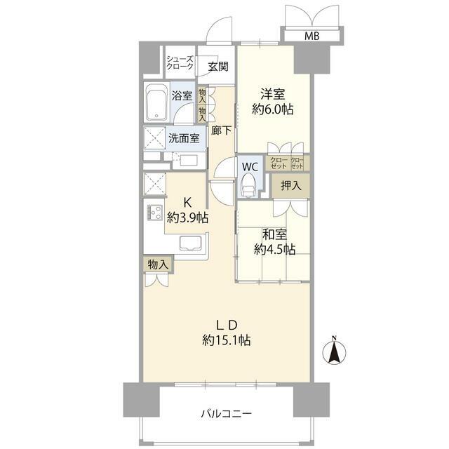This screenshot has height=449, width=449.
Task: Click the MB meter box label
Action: pos(311,36)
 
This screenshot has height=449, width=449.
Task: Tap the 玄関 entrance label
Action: pos(218,67)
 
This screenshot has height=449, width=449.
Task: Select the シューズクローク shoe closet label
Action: pos(180,62)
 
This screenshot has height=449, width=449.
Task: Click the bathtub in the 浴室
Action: pos(156,102)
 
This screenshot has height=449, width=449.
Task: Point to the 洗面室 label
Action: pos(184,138)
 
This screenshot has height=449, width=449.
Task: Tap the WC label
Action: pos(250,167)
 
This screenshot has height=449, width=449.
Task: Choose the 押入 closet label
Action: pos(291,185)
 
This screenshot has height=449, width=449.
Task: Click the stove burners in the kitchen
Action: pos(155,213)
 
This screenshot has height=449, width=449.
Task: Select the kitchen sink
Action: pos(191,243)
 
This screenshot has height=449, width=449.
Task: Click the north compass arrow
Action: pos(334,351)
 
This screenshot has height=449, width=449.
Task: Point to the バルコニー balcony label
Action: pos(226,413)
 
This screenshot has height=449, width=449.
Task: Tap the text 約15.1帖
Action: pos(227,340)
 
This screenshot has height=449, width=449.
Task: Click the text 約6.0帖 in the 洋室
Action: pos(273,109)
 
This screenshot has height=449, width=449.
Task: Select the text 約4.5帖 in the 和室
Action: pos(274,250)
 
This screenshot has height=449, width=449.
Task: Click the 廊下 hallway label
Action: pos(222,130)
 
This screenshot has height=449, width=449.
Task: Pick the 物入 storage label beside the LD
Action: pos(158,264)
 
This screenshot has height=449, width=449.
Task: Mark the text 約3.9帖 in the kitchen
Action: pos(187,218)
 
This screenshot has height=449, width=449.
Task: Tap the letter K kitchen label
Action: pos(187,203)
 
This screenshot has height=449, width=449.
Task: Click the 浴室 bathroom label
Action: pos(182,95)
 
